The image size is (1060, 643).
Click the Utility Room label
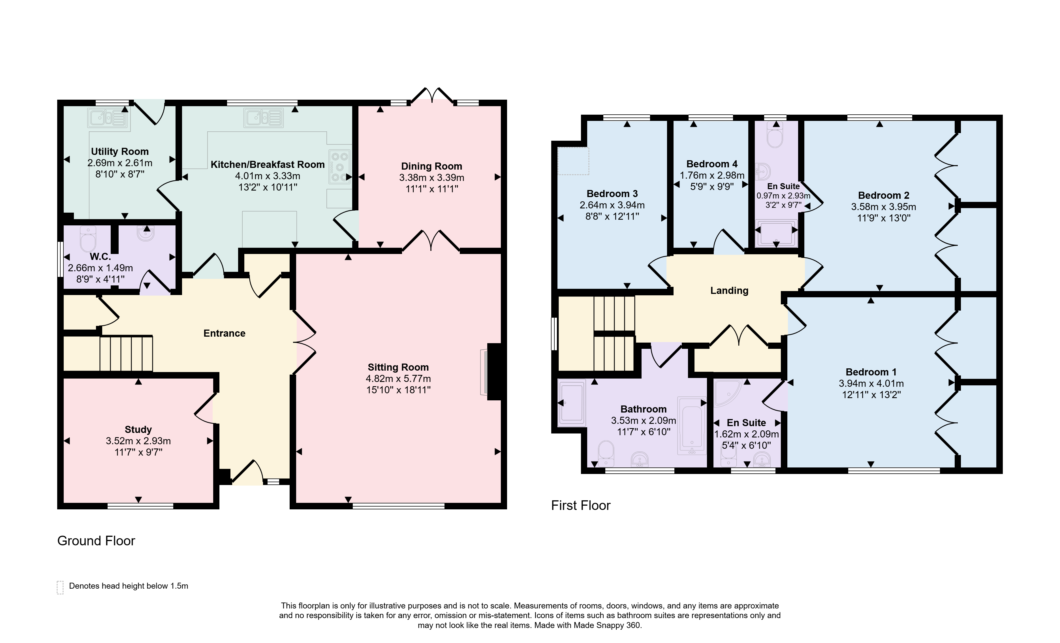click(x=119, y=151)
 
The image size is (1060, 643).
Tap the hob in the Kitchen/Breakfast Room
click(x=340, y=167)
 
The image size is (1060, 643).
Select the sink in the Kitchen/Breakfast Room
click(x=264, y=118)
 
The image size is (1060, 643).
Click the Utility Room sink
click(x=108, y=118)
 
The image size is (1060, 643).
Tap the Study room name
click(x=138, y=429)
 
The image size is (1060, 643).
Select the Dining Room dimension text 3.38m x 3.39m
click(x=431, y=178)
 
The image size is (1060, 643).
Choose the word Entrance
click(x=224, y=333)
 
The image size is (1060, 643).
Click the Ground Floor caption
click(x=96, y=541)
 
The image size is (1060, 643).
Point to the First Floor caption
click(x=581, y=505)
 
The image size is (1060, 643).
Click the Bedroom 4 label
click(x=712, y=164)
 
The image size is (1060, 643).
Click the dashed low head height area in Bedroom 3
click(x=573, y=161)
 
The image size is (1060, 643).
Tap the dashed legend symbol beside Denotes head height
click(x=60, y=587)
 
